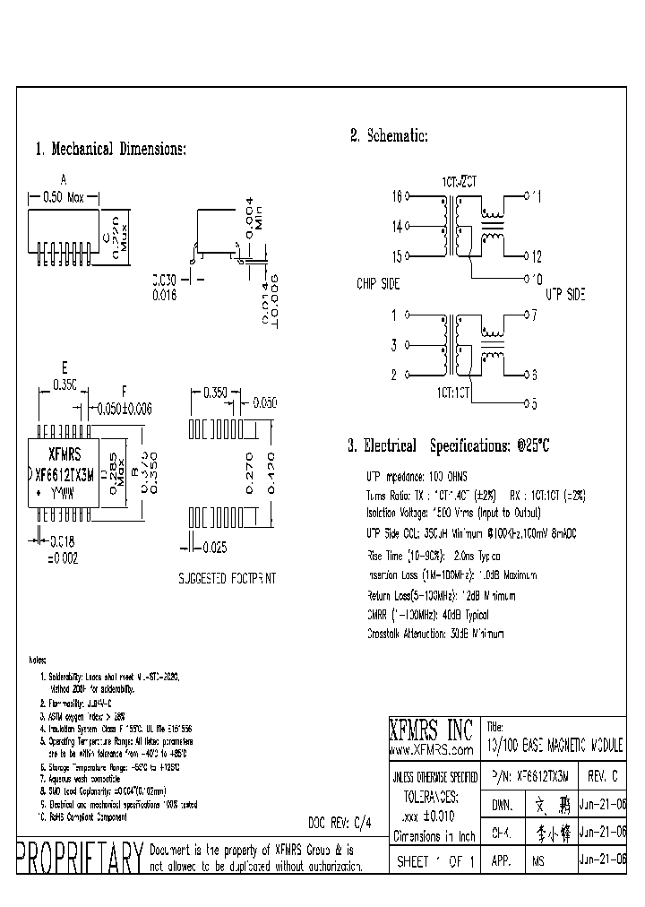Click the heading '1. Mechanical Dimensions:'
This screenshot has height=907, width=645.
(110, 149)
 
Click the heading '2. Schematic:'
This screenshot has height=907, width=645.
(389, 136)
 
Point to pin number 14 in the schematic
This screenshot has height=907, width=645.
(397, 227)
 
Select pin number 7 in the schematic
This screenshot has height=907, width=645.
(533, 315)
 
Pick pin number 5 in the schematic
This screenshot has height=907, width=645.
(533, 404)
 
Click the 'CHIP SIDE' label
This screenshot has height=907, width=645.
(378, 284)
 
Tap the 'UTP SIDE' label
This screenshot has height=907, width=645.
(565, 293)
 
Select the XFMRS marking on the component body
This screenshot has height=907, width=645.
(64, 452)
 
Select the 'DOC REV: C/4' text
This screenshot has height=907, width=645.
(340, 820)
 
